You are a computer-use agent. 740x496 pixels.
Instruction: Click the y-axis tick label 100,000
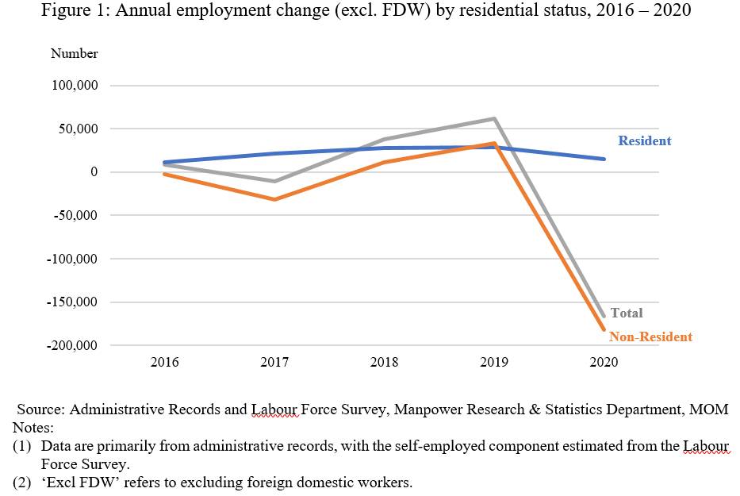click(75, 86)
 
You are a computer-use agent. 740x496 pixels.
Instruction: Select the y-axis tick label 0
click(94, 172)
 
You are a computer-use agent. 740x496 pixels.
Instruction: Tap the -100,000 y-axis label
click(73, 259)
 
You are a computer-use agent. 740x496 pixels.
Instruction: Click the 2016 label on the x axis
click(165, 363)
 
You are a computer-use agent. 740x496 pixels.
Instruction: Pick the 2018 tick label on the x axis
click(384, 363)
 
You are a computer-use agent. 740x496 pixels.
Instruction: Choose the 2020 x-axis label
click(604, 363)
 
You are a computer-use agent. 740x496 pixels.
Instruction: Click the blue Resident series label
click(644, 141)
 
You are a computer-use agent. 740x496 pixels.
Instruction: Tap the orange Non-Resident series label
click(650, 337)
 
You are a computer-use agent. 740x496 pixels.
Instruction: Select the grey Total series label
click(627, 313)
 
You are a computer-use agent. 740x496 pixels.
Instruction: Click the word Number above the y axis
click(75, 54)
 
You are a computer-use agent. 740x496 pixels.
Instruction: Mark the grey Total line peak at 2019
click(494, 119)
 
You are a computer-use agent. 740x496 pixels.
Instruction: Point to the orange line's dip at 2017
click(274, 199)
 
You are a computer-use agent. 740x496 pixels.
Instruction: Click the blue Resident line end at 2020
click(604, 160)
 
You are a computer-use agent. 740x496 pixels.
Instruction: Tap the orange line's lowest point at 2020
click(604, 329)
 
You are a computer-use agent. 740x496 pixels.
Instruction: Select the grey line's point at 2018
click(384, 140)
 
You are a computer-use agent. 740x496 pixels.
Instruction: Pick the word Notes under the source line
click(31, 428)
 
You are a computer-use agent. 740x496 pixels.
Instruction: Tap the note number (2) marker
click(21, 483)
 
